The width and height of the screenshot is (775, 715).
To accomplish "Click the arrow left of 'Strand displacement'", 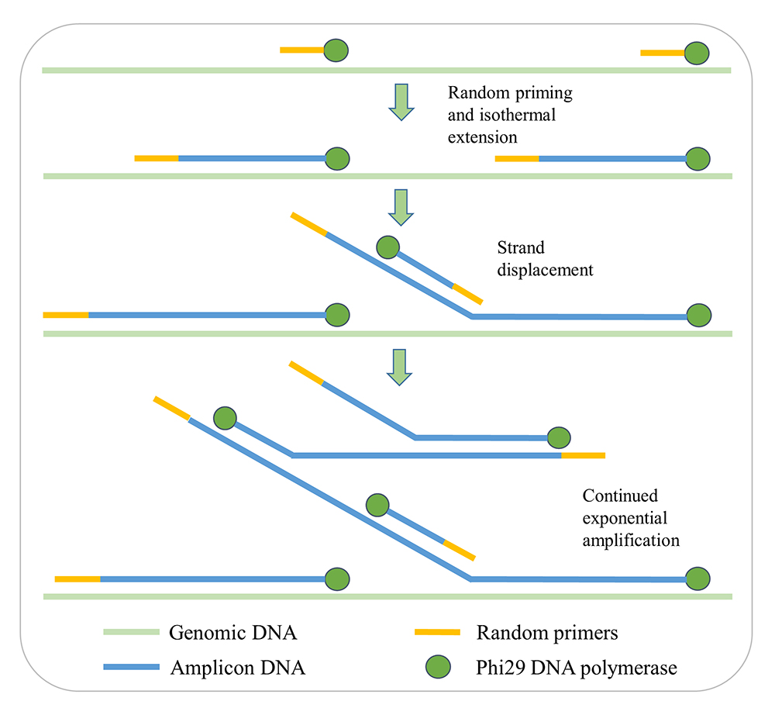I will tap(401, 206).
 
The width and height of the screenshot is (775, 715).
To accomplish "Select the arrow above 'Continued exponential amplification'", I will tap(401, 366).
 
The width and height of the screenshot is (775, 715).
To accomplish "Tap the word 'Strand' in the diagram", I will tap(521, 248).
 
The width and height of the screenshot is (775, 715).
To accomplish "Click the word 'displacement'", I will tap(545, 270).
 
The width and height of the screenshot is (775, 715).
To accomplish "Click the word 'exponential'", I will tap(625, 517).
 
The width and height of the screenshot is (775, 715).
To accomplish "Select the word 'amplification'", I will tap(631, 539).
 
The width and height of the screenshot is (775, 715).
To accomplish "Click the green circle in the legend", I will tap(439, 666).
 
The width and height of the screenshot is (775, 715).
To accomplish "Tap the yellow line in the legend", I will tap(437, 632).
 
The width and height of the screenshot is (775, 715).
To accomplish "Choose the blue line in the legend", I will tap(131, 666).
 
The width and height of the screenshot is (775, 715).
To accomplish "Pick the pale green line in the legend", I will tap(131, 632).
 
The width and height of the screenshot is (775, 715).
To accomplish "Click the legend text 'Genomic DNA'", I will tap(232, 633).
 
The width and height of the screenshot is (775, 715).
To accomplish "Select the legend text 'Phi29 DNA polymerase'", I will tap(577, 667).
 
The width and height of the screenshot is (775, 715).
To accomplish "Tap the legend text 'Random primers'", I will tap(547, 633).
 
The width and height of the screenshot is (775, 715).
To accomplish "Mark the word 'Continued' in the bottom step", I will tap(620, 496).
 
